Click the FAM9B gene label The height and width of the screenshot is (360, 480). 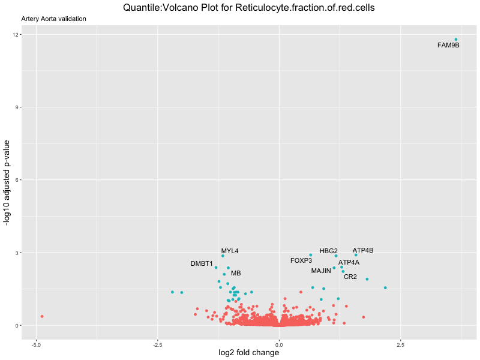pyautogui.click(x=448, y=45)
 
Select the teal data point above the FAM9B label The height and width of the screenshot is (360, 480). pyautogui.click(x=456, y=40)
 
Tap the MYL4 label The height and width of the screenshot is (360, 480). pyautogui.click(x=230, y=251)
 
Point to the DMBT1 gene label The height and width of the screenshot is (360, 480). pyautogui.click(x=202, y=263)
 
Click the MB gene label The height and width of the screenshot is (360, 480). pyautogui.click(x=236, y=273)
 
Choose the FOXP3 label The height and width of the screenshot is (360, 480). pyautogui.click(x=301, y=260)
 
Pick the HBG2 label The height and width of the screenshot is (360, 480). pyautogui.click(x=329, y=251)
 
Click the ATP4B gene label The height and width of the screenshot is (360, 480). pyautogui.click(x=363, y=250)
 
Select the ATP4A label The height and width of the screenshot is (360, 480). pyautogui.click(x=349, y=262)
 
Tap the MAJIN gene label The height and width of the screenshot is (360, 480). pyautogui.click(x=321, y=271)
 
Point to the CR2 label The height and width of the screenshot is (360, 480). pyautogui.click(x=350, y=277)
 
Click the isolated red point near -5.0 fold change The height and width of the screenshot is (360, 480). pyautogui.click(x=42, y=316)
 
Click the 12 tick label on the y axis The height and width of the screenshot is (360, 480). pyautogui.click(x=14, y=35)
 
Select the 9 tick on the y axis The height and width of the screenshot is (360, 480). pyautogui.click(x=16, y=107)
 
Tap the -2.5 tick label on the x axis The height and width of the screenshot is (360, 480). pyautogui.click(x=157, y=345)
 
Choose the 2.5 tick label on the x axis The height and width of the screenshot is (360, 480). pyautogui.click(x=400, y=345)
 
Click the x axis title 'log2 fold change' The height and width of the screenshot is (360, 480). pyautogui.click(x=248, y=353)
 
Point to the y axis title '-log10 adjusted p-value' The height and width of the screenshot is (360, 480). pyautogui.click(x=8, y=182)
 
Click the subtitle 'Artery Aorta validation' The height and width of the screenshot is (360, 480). pyautogui.click(x=53, y=19)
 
